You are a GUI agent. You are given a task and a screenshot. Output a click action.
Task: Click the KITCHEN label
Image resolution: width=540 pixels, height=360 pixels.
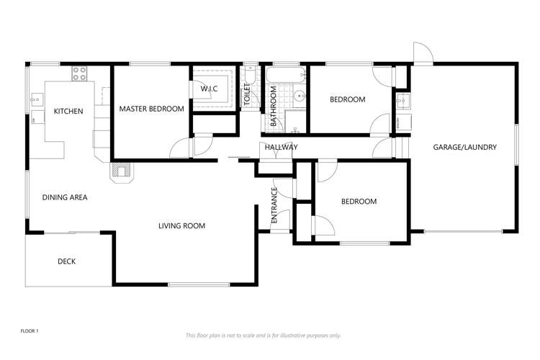click(68, 112)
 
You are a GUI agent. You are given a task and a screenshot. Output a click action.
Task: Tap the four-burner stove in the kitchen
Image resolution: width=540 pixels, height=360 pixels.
click(79, 73)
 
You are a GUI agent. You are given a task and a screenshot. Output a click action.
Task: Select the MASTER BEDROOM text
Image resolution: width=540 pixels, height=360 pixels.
click(151, 109)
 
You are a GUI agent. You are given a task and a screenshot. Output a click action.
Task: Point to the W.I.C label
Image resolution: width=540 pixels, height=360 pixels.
click(209, 89)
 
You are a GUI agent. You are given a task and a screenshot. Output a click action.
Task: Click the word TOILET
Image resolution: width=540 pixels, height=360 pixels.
click(246, 96)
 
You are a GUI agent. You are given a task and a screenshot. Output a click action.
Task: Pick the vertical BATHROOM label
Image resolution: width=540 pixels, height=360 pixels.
click(274, 107)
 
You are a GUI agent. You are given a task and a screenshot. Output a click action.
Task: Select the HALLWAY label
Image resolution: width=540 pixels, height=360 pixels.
click(281, 148)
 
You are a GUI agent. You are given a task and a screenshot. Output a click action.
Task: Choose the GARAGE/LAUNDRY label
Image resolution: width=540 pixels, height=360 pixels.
click(464, 148)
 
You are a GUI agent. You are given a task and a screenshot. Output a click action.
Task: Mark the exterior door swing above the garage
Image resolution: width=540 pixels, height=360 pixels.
click(422, 53)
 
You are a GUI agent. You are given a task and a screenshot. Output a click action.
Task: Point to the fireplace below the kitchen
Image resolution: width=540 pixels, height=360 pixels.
click(121, 171)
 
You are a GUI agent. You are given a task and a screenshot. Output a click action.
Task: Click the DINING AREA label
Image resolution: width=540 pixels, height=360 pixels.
click(65, 197)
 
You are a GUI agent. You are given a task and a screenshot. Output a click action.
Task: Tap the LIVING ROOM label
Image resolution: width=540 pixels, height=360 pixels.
click(181, 226)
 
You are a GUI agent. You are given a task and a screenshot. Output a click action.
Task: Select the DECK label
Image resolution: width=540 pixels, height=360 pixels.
click(66, 261)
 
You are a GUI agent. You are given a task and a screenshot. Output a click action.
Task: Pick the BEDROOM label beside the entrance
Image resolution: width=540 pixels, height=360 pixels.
click(359, 202)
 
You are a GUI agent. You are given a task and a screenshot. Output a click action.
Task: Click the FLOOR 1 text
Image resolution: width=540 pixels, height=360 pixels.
click(30, 330)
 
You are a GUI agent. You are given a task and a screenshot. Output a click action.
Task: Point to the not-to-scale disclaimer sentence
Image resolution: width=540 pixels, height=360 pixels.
click(264, 336)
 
